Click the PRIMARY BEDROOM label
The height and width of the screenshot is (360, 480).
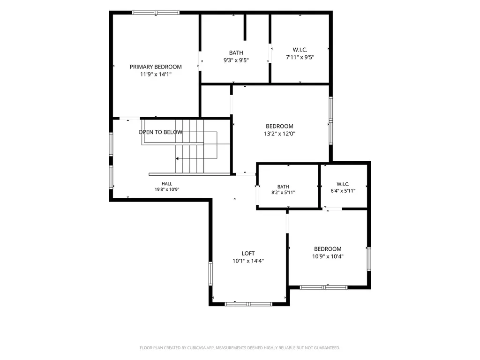click(156, 67)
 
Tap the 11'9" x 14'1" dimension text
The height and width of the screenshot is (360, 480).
click(156, 75)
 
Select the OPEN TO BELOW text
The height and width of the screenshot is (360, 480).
click(160, 132)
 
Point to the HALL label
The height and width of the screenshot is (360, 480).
click(167, 184)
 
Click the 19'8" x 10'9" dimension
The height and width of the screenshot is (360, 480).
click(167, 189)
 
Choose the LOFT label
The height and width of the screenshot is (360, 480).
click(248, 254)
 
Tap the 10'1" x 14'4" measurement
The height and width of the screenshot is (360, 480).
click(248, 261)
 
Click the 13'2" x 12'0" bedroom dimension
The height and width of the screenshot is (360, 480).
click(279, 134)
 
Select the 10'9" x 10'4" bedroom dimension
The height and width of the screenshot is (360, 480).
click(328, 256)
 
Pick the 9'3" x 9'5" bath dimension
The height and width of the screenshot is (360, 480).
click(236, 60)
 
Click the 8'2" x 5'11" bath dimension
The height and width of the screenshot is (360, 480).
click(283, 193)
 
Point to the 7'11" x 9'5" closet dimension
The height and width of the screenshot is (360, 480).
click(300, 57)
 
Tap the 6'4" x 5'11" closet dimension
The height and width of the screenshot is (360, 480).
click(343, 191)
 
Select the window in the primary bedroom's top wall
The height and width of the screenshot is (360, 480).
click(156, 13)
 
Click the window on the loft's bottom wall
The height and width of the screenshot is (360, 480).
click(248, 304)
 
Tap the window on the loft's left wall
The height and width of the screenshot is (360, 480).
click(210, 274)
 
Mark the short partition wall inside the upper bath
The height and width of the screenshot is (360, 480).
click(245, 27)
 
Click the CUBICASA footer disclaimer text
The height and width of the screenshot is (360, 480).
click(240, 348)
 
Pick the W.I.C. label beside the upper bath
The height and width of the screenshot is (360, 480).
click(300, 50)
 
